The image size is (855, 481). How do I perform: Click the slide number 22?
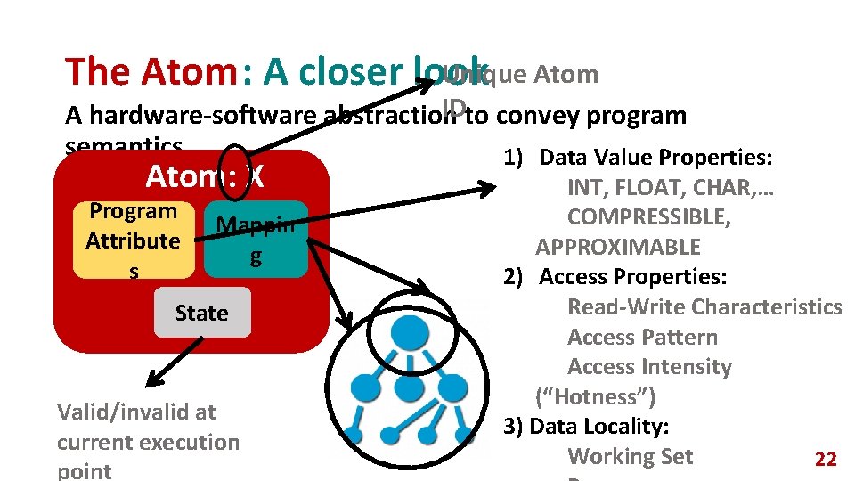click(826, 460)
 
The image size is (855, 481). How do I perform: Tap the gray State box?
click(202, 313)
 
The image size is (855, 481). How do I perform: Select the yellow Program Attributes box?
click(133, 240)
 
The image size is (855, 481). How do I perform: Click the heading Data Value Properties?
click(655, 158)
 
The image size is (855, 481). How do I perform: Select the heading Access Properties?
click(632, 277)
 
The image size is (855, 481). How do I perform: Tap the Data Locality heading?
click(598, 426)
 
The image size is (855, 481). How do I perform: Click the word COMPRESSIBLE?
click(649, 217)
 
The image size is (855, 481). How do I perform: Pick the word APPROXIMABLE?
click(618, 247)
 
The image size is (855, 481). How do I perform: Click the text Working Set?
click(630, 456)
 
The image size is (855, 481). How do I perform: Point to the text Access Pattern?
click(642, 337)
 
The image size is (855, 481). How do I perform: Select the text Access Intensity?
click(649, 367)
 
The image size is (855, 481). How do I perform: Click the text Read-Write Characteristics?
click(704, 307)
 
